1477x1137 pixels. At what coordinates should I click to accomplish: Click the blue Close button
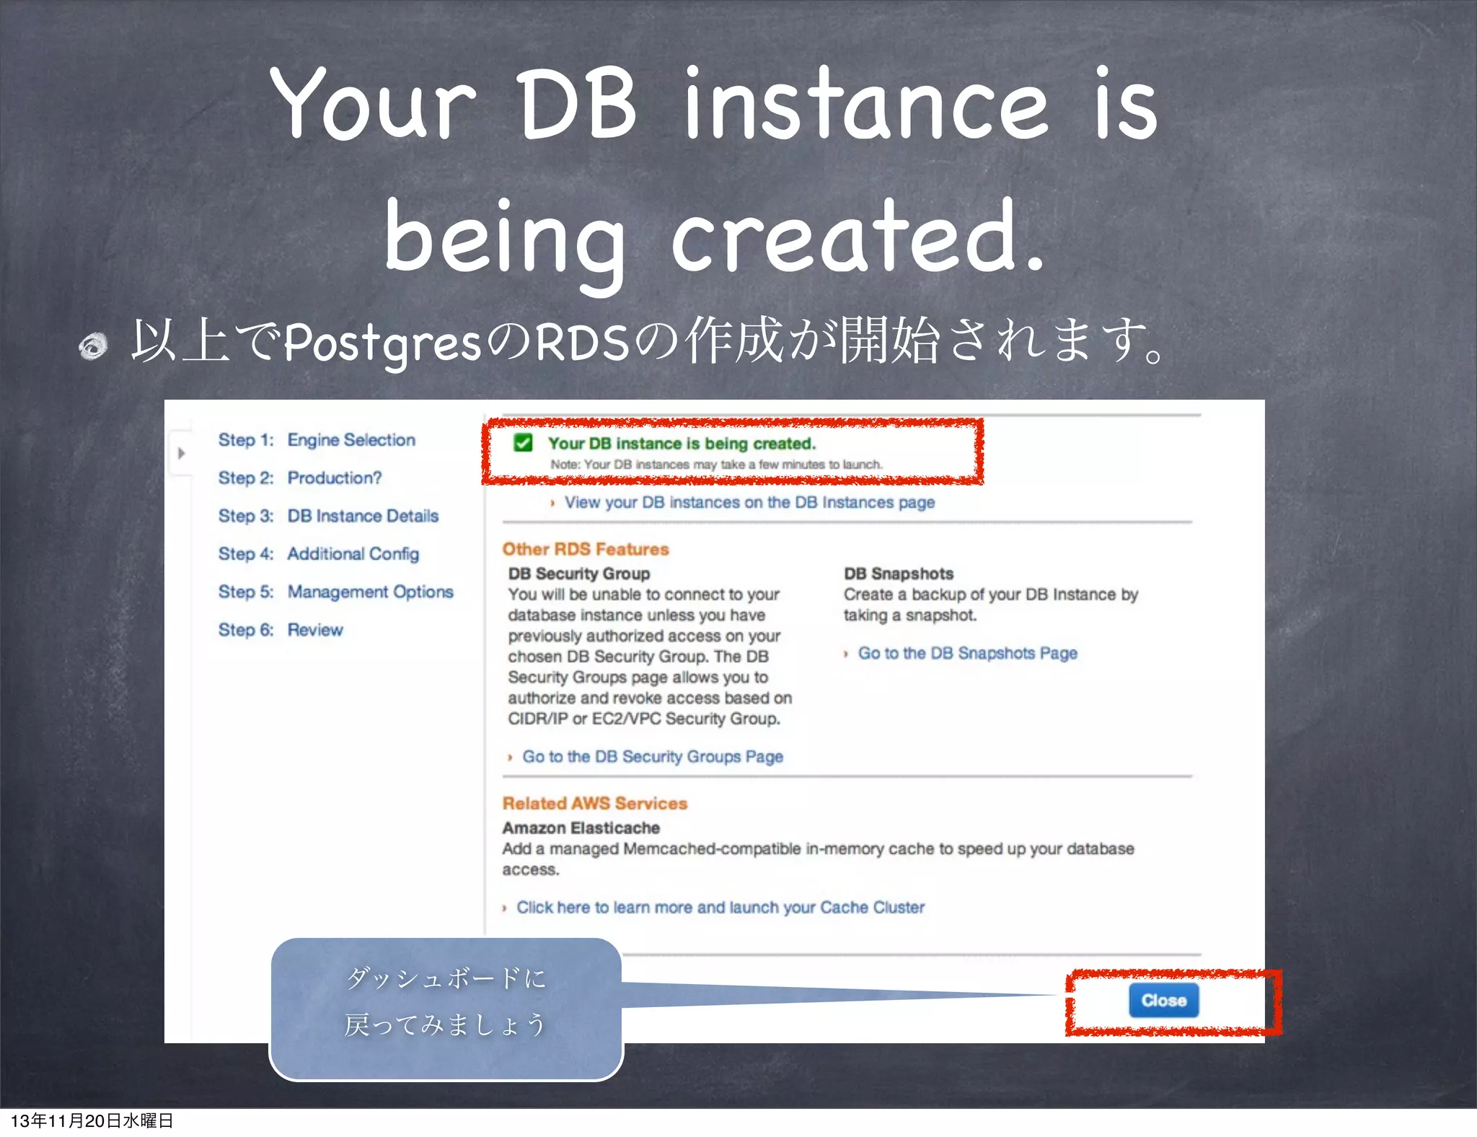point(1163,1001)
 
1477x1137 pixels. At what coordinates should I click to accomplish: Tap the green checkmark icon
point(523,443)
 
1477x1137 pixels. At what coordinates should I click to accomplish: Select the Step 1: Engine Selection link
point(317,440)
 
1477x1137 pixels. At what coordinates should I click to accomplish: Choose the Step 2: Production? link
point(300,478)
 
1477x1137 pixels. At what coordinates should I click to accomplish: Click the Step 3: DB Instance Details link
point(328,516)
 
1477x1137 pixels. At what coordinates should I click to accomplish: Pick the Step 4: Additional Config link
point(318,554)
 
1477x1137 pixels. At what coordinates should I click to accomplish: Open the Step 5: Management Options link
point(335,592)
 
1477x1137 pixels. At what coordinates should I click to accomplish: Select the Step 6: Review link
point(281,630)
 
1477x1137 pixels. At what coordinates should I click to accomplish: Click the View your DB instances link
point(749,502)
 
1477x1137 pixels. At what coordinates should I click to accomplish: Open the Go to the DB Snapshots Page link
point(966,653)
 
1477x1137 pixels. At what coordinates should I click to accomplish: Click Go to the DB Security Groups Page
point(652,757)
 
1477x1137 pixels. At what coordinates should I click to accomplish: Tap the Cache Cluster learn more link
point(720,908)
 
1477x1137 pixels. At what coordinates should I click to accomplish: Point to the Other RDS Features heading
point(586,549)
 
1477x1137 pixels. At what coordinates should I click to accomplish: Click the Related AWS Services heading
point(594,804)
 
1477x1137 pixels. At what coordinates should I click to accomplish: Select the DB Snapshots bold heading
point(899,574)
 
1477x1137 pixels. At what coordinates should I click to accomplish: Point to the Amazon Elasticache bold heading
point(581,828)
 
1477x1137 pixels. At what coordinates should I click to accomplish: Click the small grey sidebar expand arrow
point(182,453)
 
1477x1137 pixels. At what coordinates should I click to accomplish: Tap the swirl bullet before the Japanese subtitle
point(93,346)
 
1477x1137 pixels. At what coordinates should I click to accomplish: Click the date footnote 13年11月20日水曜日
point(92,1120)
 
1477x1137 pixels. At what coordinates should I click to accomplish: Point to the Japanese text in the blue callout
point(446,1001)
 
